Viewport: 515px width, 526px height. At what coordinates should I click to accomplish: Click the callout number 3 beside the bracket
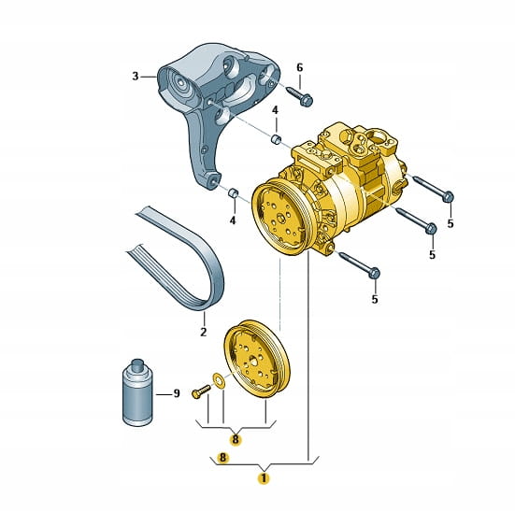click(135, 77)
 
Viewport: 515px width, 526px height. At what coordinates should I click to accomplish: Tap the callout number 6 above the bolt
click(300, 68)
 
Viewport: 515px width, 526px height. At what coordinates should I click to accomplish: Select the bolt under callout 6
click(300, 95)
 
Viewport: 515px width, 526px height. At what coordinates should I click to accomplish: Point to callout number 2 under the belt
click(204, 332)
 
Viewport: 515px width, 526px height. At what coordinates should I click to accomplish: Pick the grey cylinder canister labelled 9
click(136, 392)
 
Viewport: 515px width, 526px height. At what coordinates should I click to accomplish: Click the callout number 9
click(177, 393)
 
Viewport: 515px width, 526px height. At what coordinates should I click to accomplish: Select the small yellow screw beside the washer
click(201, 391)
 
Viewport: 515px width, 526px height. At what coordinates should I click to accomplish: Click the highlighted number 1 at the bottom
click(264, 478)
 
